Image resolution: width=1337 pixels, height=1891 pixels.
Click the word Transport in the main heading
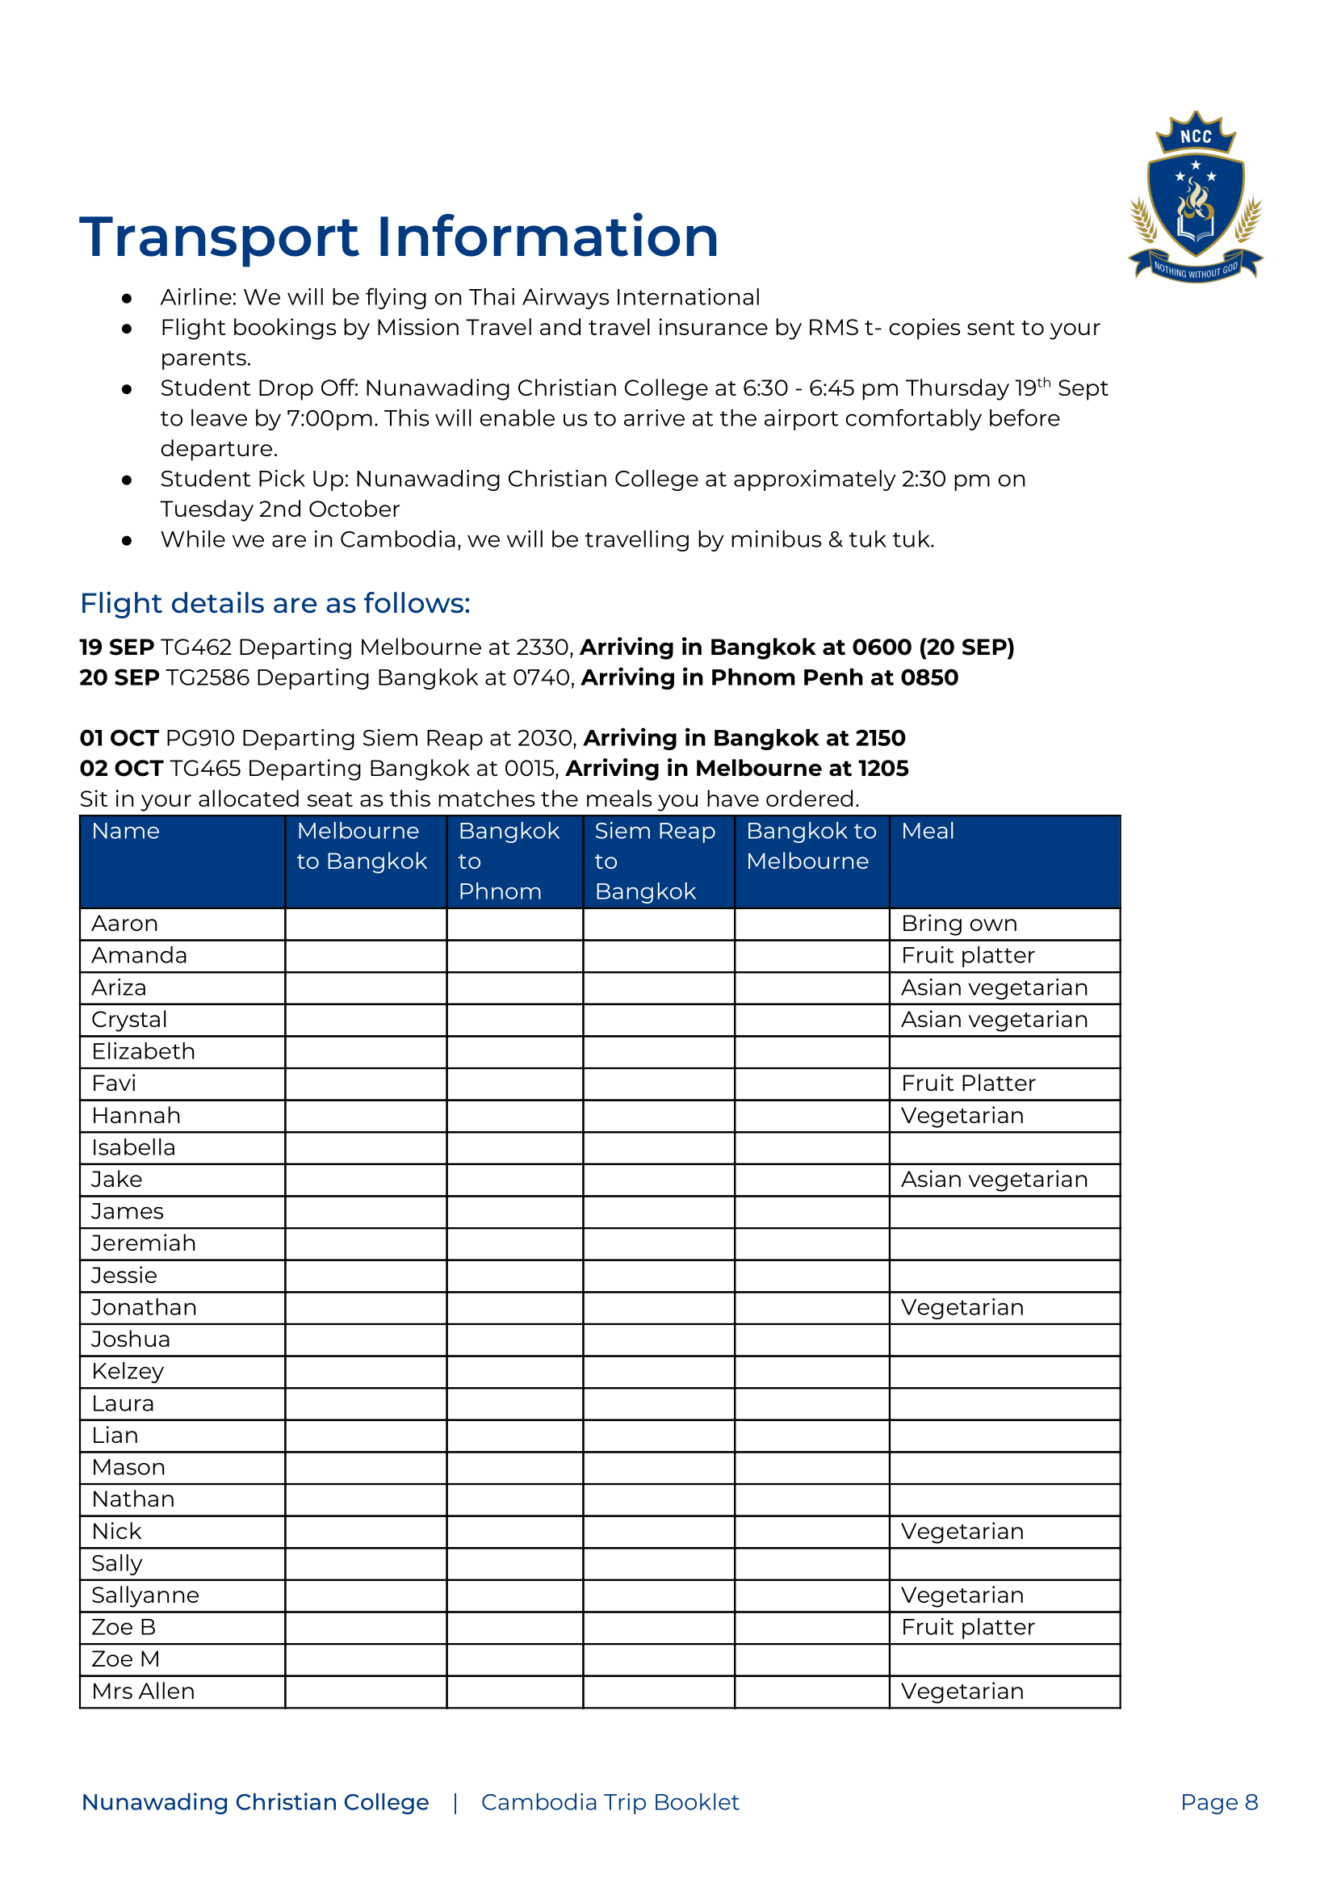(x=219, y=237)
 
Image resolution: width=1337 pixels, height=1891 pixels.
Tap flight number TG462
(x=196, y=648)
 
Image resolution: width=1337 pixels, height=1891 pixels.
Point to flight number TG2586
(x=205, y=677)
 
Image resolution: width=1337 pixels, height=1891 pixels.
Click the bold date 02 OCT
(x=121, y=769)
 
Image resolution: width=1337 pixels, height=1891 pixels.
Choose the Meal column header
(x=928, y=832)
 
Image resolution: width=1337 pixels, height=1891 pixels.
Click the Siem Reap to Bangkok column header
(x=656, y=862)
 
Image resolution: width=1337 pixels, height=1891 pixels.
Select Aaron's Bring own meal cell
(x=959, y=924)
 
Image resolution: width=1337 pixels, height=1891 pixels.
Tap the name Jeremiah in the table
(x=144, y=1243)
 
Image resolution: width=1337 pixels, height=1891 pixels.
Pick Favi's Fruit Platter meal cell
(x=968, y=1084)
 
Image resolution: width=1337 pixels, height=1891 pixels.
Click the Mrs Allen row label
(x=144, y=1692)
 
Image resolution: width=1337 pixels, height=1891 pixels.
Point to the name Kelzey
(x=128, y=1371)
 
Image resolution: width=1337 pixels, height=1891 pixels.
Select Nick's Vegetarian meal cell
(x=962, y=1532)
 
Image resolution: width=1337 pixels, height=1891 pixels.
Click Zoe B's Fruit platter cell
(x=967, y=1628)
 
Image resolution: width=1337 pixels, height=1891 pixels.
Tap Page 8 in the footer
(x=1218, y=1803)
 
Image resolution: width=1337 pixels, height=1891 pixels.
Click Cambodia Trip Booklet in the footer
(x=610, y=1803)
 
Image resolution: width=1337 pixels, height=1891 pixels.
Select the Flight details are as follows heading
(x=275, y=604)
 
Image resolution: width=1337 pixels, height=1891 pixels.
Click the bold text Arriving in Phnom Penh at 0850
(x=769, y=677)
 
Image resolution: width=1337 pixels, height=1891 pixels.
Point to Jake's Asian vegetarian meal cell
(x=994, y=1180)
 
